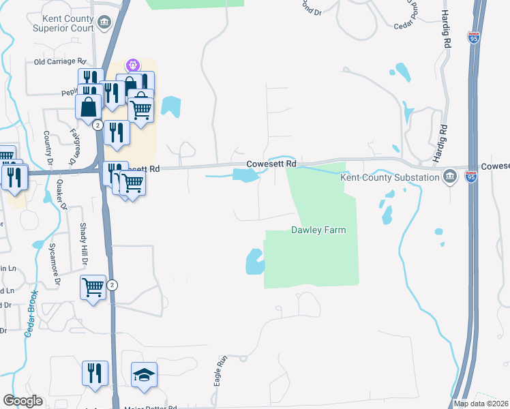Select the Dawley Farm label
coord(318,230)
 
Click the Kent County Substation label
coord(390,178)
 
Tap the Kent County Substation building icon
coord(449,177)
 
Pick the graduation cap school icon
coord(144,375)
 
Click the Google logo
coord(22,401)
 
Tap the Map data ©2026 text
coord(481,404)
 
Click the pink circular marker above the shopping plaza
coord(132,65)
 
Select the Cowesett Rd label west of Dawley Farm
coord(271,164)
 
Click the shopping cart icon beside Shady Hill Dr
coord(93,286)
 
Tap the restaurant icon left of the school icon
coord(95,373)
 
